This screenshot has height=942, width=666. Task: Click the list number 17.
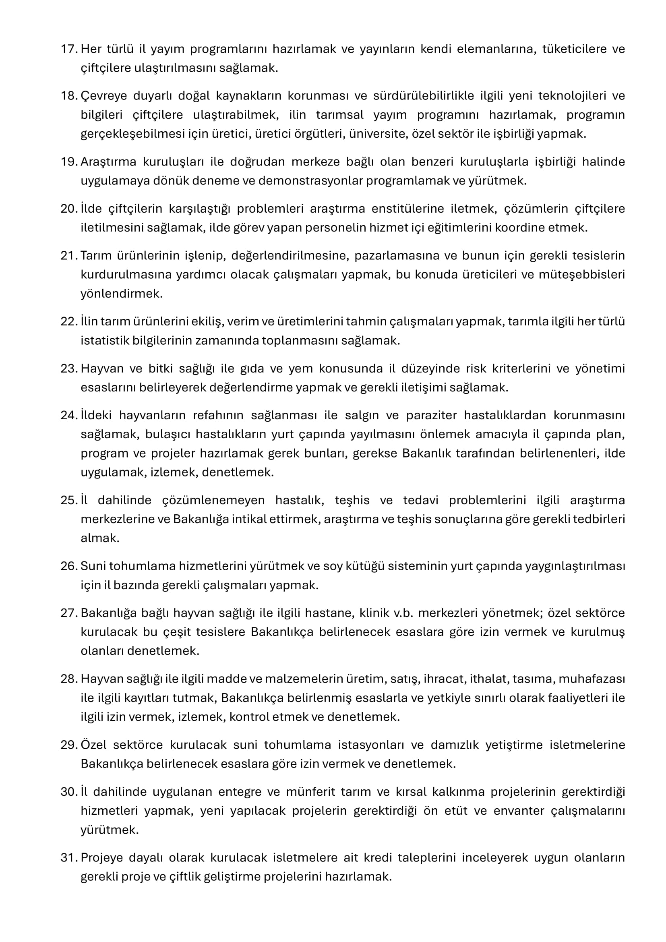pos(68,49)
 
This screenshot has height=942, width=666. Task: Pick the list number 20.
pos(68,209)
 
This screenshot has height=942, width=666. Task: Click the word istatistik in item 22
pos(105,341)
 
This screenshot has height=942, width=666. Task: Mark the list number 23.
pos(68,369)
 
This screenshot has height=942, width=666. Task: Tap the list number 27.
pos(68,613)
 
